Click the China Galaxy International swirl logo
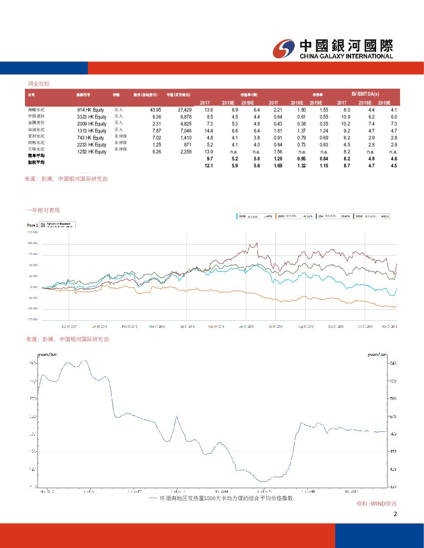(x=284, y=48)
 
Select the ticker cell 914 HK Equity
(x=92, y=110)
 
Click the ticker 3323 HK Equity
(x=92, y=117)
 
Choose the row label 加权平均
(x=36, y=162)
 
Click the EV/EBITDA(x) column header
(x=365, y=94)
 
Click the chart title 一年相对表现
(x=45, y=211)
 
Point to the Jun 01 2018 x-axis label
(x=247, y=327)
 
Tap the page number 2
(x=396, y=515)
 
